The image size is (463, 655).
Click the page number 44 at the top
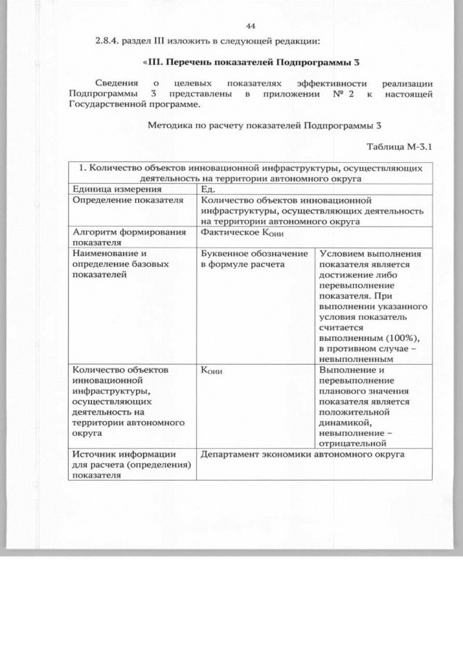pyautogui.click(x=251, y=25)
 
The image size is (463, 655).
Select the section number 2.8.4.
pyautogui.click(x=108, y=40)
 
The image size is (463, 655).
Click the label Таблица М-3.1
pyautogui.click(x=399, y=147)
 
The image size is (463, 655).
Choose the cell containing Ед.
pyautogui.click(x=208, y=189)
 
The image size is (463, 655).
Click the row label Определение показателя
pyautogui.click(x=124, y=200)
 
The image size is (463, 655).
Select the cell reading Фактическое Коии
pyautogui.click(x=231, y=233)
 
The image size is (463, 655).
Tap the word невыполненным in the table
pyautogui.click(x=359, y=358)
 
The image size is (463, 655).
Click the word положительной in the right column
pyautogui.click(x=354, y=412)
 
